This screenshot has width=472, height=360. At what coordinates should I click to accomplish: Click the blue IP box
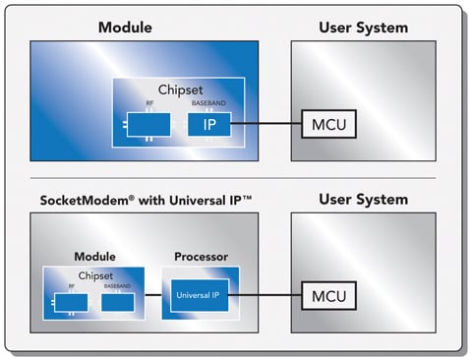tap(209, 125)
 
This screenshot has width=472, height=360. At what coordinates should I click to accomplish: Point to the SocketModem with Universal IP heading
tap(132, 200)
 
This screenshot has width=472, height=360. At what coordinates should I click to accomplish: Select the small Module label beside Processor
tap(94, 257)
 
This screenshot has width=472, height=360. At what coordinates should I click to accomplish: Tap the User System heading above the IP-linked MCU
tap(363, 27)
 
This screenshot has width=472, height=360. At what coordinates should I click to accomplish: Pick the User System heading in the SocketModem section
tap(363, 200)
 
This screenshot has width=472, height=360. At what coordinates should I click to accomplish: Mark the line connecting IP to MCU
tap(265, 125)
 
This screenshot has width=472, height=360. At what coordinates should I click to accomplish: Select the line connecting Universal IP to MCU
tap(265, 294)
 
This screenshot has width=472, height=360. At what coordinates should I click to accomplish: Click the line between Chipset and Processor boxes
tap(152, 294)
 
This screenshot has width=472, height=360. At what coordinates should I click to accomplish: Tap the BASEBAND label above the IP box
tap(208, 104)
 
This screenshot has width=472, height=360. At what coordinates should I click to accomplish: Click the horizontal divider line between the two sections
tap(236, 178)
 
